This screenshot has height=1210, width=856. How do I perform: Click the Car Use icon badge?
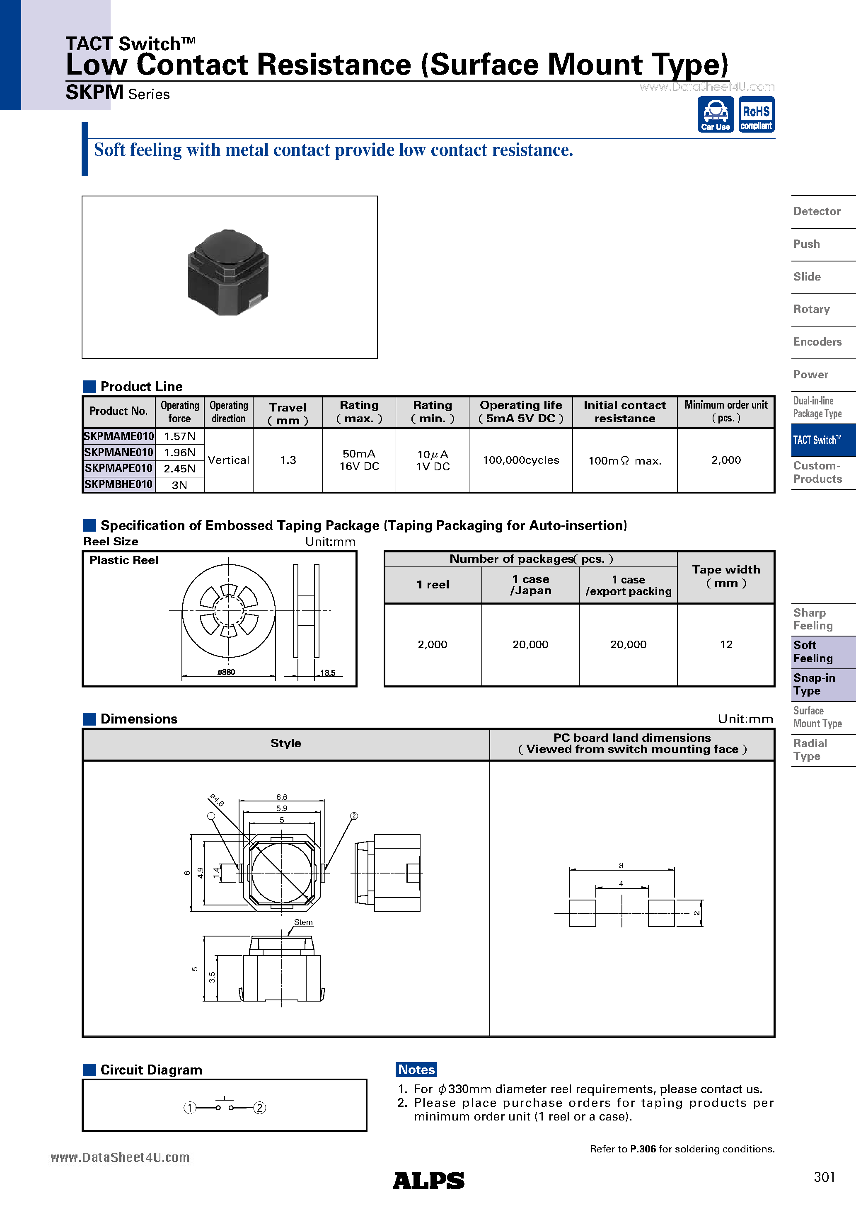pyautogui.click(x=715, y=114)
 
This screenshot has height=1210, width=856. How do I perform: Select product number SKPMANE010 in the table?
pyautogui.click(x=118, y=452)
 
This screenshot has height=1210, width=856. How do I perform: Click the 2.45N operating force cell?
pyautogui.click(x=179, y=469)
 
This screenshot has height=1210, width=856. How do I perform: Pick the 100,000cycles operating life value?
pyautogui.click(x=520, y=460)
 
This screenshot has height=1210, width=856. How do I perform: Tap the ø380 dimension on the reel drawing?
pyautogui.click(x=226, y=672)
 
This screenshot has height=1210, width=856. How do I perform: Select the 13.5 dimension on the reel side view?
pyautogui.click(x=327, y=673)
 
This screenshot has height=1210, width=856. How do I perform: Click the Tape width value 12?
pyautogui.click(x=726, y=644)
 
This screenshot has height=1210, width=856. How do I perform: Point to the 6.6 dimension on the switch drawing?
pyautogui.click(x=281, y=797)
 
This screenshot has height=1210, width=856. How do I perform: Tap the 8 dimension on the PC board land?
pyautogui.click(x=621, y=865)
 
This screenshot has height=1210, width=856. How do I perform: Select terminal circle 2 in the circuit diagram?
pyautogui.click(x=259, y=1108)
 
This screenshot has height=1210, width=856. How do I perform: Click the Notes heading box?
pyautogui.click(x=416, y=1069)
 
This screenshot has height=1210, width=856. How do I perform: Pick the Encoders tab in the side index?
pyautogui.click(x=817, y=341)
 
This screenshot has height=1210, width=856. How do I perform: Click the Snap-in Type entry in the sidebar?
pyautogui.click(x=814, y=684)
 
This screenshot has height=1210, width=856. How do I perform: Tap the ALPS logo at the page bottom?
pyautogui.click(x=428, y=1181)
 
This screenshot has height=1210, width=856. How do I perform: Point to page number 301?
pyautogui.click(x=824, y=1177)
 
